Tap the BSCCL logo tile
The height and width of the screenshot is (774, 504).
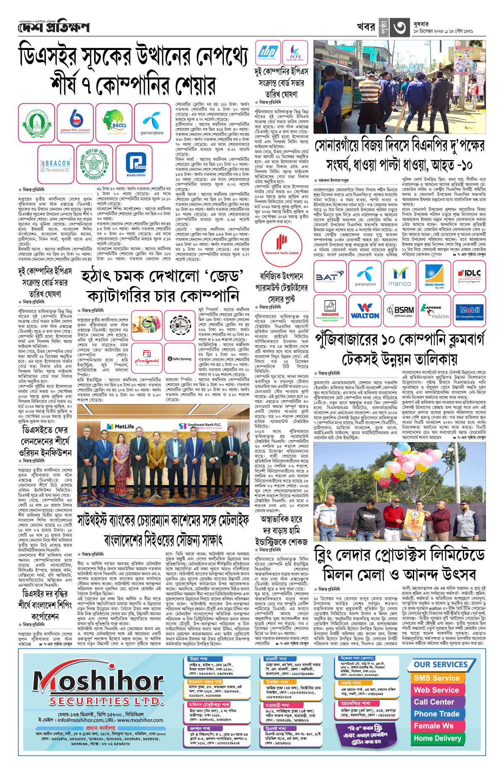point(113,122)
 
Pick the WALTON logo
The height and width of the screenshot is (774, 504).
point(365,311)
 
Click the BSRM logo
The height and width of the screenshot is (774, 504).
point(399,311)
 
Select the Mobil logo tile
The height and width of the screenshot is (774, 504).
point(469,311)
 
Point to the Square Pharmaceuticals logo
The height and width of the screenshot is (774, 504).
point(330,311)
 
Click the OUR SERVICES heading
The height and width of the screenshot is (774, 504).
point(441,664)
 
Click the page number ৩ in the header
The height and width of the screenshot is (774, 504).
point(399,28)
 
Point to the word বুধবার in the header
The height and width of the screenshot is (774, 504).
point(421,24)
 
